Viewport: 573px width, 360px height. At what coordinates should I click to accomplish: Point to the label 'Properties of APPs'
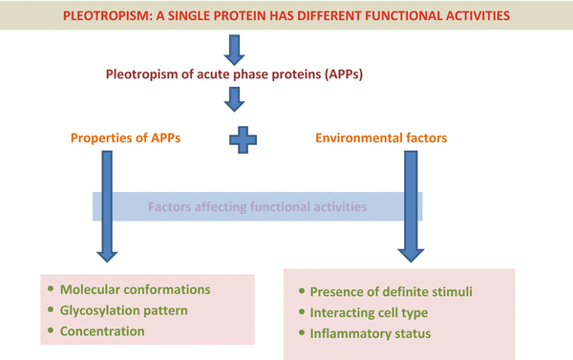click(x=127, y=138)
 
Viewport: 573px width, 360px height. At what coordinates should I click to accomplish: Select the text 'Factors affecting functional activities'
click(x=256, y=206)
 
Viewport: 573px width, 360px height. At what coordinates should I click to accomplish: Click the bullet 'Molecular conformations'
click(x=135, y=289)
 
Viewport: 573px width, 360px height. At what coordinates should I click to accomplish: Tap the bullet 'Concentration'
click(x=101, y=331)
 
